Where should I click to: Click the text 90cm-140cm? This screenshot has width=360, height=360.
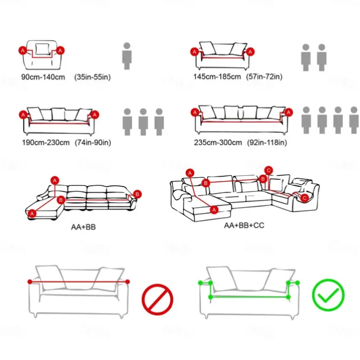(x=43, y=77)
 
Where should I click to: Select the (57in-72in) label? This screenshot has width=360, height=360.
(x=264, y=77)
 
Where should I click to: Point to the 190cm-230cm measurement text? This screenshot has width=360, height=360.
(x=45, y=143)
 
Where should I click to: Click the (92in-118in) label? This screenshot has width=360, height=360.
(x=267, y=143)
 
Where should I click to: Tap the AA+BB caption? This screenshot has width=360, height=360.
(x=83, y=227)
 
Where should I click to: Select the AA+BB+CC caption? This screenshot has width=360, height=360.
(x=244, y=225)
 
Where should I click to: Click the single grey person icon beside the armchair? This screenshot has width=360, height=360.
(x=127, y=56)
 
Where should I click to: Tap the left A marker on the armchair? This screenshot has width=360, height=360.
(x=23, y=51)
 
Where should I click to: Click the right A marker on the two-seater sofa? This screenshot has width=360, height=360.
(x=250, y=52)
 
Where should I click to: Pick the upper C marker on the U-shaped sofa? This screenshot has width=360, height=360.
(x=269, y=171)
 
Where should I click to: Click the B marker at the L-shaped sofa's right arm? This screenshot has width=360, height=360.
(x=138, y=194)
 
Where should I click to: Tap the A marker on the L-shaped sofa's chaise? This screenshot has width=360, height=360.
(x=32, y=214)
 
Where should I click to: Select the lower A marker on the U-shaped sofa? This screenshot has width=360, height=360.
(x=214, y=210)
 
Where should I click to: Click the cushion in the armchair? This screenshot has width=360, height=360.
(x=42, y=49)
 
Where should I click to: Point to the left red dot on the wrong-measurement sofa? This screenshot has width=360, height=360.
(x=30, y=282)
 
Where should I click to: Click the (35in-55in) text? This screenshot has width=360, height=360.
(x=93, y=77)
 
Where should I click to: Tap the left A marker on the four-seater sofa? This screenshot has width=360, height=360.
(x=195, y=113)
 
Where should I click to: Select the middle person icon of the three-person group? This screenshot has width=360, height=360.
(x=143, y=122)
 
